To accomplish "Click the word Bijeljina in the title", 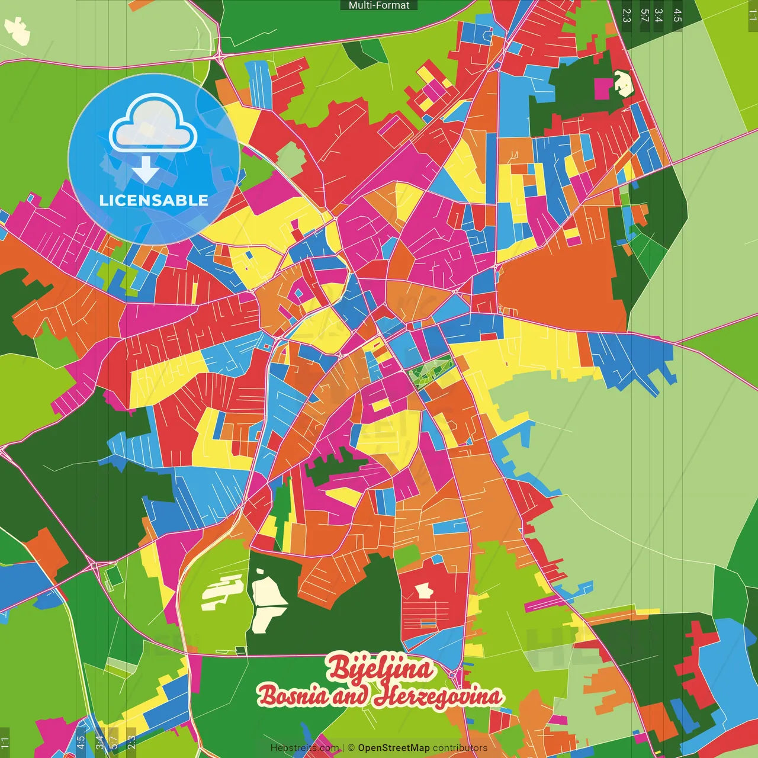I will [x=380, y=668].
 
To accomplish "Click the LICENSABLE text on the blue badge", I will [x=154, y=200].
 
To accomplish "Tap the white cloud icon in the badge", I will [x=153, y=126].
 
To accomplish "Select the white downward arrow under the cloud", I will [x=146, y=169].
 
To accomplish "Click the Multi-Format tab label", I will [x=379, y=5].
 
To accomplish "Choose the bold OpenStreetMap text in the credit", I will [x=394, y=748].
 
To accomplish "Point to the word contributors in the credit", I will [x=460, y=748].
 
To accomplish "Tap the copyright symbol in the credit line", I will [x=351, y=748].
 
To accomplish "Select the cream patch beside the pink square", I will [x=623, y=83].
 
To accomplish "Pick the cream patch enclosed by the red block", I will [x=423, y=590].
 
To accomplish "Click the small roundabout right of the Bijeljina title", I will [x=454, y=674].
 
